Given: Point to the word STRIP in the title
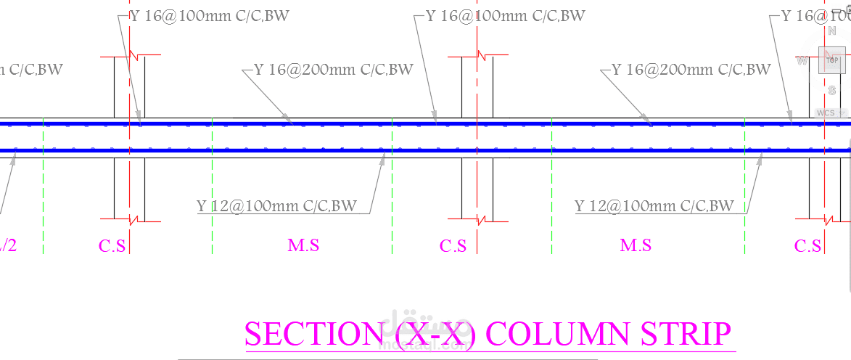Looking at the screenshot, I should pyautogui.click(x=685, y=334).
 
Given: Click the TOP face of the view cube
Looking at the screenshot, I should pyautogui.click(x=831, y=60).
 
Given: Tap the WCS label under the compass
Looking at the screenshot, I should pyautogui.click(x=826, y=113).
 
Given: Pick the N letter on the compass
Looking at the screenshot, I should pyautogui.click(x=832, y=31).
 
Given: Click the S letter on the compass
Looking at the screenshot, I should pyautogui.click(x=832, y=90).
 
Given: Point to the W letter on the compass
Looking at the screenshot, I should pyautogui.click(x=802, y=61).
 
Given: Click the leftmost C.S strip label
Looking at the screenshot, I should pyautogui.click(x=112, y=246).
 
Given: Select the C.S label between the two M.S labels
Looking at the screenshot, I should pyautogui.click(x=453, y=246).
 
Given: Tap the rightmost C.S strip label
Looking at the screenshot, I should pyautogui.click(x=807, y=246).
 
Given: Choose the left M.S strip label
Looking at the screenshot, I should pyautogui.click(x=303, y=245).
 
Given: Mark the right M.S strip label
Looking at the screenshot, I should pyautogui.click(x=636, y=245).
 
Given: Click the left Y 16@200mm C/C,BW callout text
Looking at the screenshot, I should pyautogui.click(x=334, y=70).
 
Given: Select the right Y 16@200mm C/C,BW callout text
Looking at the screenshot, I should pyautogui.click(x=691, y=70).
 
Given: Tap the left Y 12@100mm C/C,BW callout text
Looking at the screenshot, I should pyautogui.click(x=276, y=206).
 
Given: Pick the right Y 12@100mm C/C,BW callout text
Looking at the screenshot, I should pyautogui.click(x=654, y=206).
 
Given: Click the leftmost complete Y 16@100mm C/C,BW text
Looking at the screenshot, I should pyautogui.click(x=209, y=16).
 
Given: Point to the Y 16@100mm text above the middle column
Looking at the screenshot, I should pyautogui.click(x=505, y=16).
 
